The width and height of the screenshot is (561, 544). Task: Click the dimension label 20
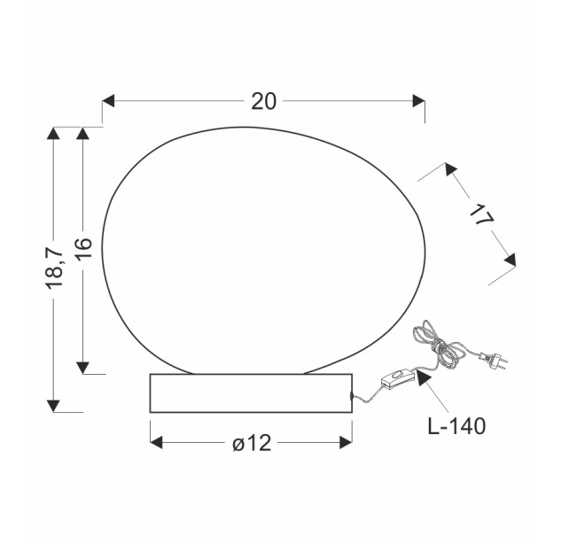coord(264,101)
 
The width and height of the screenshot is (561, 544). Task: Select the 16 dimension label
coord(83,248)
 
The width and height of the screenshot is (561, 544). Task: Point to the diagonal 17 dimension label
coord(481,214)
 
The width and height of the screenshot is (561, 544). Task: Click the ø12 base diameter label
coord(252,443)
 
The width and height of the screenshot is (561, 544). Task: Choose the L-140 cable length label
coord(457,426)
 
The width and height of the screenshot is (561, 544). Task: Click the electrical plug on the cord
coord(495,360)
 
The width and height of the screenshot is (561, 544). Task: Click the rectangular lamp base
coord(251,393)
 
